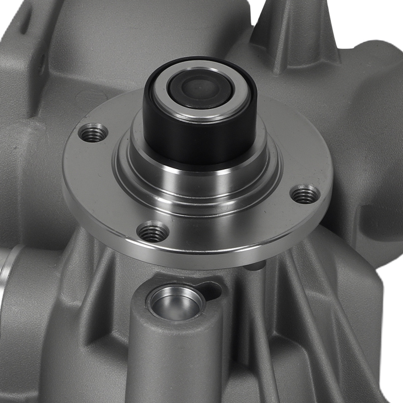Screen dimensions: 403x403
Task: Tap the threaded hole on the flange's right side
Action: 305,195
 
